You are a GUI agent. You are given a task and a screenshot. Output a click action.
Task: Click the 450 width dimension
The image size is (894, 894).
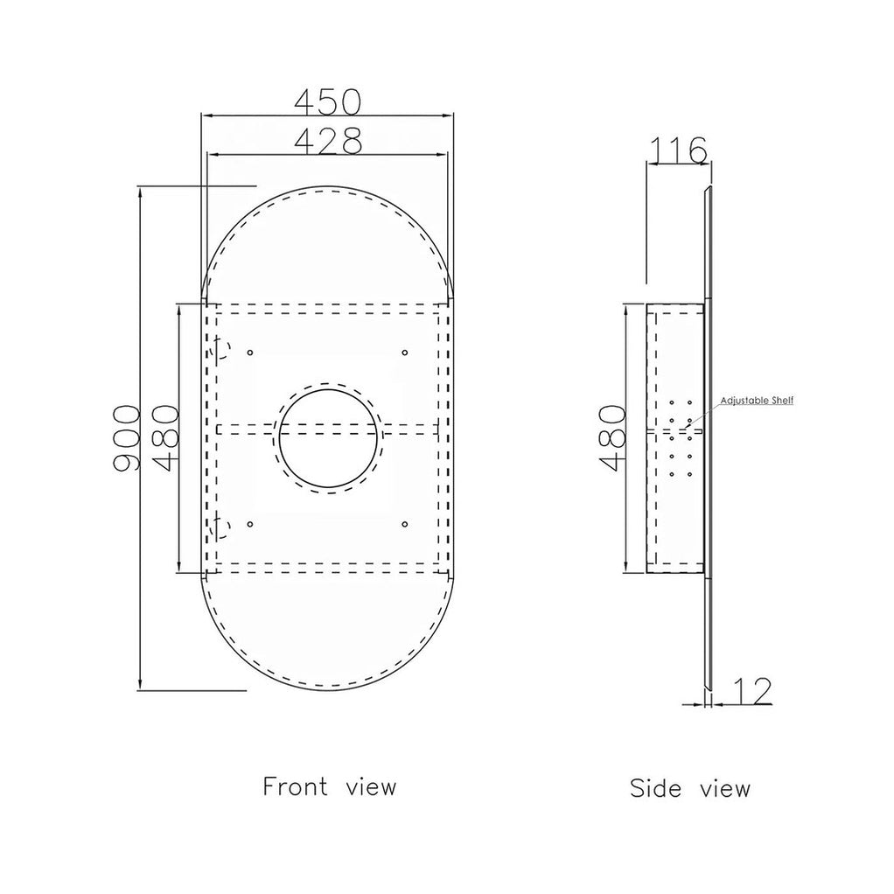[328, 101]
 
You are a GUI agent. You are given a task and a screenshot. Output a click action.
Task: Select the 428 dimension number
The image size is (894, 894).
[328, 141]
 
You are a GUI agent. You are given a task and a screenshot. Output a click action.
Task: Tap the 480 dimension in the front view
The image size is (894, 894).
[166, 438]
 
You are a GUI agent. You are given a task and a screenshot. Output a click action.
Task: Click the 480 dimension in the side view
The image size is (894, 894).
[613, 438]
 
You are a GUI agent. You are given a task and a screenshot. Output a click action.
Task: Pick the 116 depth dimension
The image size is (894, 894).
[679, 150]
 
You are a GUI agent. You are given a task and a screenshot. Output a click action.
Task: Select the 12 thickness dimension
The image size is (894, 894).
[752, 690]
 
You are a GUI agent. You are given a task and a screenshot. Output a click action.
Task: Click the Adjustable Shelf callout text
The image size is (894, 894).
[757, 401]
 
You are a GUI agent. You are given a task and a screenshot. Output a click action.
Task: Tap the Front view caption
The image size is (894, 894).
[329, 786]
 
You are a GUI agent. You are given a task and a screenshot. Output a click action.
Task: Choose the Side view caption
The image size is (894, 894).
[690, 788]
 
